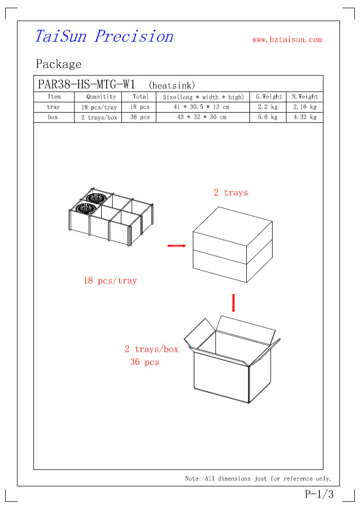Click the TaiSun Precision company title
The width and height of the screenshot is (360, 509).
104,37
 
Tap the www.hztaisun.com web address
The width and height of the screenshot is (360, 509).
287,40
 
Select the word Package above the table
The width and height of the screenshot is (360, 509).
59,64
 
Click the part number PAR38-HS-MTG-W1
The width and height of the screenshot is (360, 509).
86,84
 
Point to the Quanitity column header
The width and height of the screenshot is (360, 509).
101,97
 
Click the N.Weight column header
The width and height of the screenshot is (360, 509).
305,97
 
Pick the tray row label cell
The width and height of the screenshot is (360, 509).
53,107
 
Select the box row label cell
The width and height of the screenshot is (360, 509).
53,117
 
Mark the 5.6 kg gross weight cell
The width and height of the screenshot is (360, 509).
268,117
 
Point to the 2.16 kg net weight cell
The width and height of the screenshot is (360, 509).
305,107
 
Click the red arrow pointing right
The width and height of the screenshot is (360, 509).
176,246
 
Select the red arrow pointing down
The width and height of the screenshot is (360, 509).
233,303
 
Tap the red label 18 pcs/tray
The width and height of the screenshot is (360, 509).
110,281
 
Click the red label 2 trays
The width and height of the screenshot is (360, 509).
231,193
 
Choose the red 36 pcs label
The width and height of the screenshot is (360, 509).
145,362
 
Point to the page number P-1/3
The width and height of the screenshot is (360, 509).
319,495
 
